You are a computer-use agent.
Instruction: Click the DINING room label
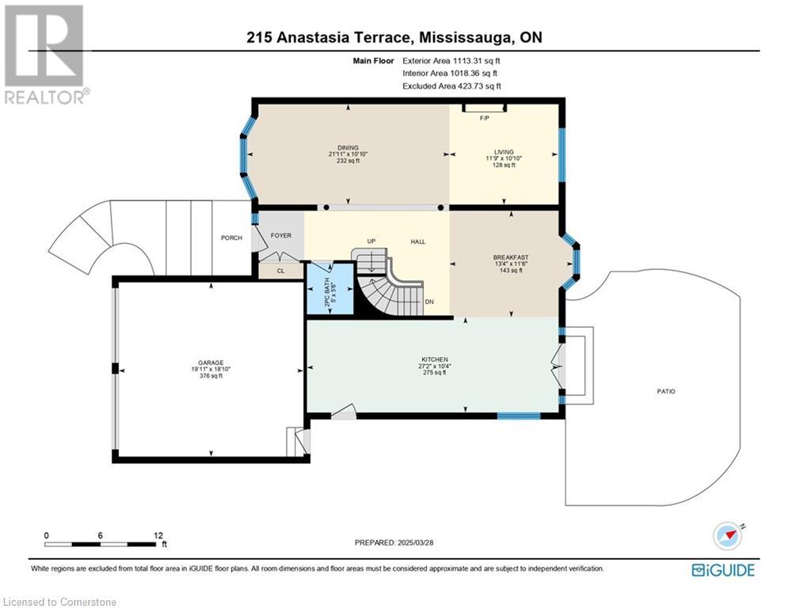tap(348, 148)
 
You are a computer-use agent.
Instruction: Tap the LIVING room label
tap(504, 152)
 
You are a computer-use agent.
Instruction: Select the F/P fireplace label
tap(485, 118)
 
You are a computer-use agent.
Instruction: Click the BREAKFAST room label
tap(511, 257)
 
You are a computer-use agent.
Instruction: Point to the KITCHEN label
tap(435, 359)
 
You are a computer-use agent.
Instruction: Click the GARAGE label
tap(211, 363)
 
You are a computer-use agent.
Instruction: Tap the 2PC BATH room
tap(329, 290)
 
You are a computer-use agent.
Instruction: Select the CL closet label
tap(280, 271)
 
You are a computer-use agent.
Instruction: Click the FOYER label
tap(281, 235)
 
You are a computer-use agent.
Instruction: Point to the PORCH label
tap(231, 237)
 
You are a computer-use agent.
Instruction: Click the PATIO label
tap(666, 391)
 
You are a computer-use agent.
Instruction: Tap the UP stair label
tap(371, 241)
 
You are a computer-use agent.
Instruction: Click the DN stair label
tap(429, 302)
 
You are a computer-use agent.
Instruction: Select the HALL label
tap(417, 241)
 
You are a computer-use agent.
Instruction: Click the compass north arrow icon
tap(728, 536)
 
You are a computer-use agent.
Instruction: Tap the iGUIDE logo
tap(723, 570)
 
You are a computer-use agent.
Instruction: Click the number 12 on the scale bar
tap(158, 536)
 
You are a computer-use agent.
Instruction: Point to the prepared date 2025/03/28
tap(416, 542)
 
